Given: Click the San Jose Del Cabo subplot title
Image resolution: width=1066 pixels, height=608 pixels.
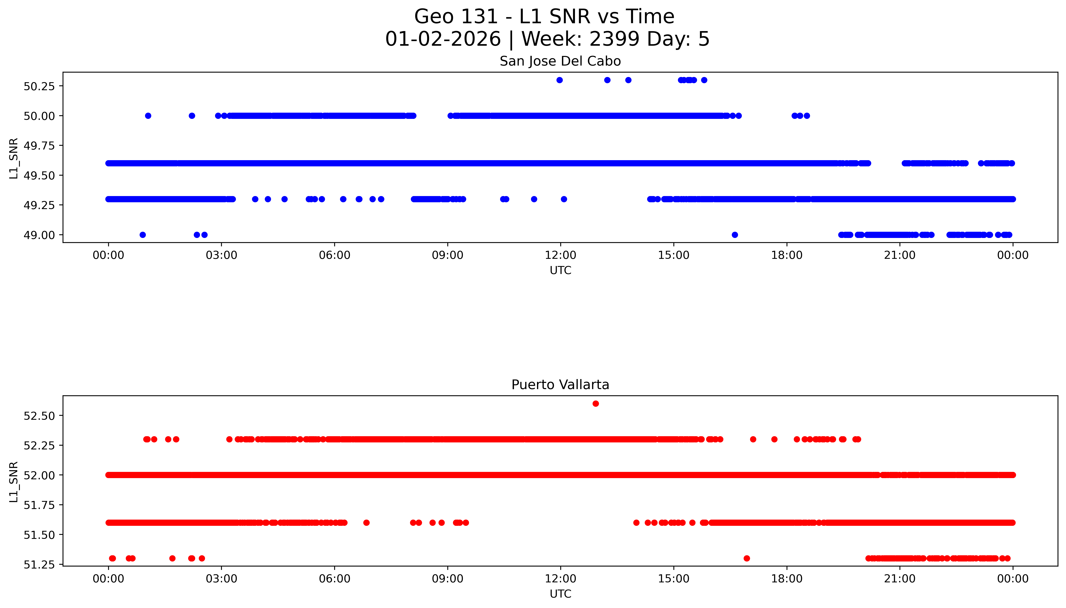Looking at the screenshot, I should [x=560, y=61].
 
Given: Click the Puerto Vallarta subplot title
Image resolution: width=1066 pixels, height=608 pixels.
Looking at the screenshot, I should [x=560, y=385].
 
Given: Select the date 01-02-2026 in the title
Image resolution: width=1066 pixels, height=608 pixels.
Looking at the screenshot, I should [x=443, y=39].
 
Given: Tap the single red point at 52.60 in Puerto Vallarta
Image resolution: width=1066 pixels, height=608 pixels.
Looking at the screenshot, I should [x=595, y=403].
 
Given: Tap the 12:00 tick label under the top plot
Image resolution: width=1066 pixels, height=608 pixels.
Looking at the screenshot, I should [x=560, y=255].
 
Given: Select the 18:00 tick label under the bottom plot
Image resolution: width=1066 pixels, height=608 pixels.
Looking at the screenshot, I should [x=786, y=579].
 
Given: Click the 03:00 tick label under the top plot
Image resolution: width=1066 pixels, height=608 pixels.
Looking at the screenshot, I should [x=221, y=255].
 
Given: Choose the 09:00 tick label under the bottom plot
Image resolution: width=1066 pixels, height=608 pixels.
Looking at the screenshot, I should [x=448, y=579].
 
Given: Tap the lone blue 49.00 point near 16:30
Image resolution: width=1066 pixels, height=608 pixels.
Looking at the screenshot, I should [x=735, y=235].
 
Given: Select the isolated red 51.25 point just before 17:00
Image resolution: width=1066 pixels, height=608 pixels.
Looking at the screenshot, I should [x=747, y=558].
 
